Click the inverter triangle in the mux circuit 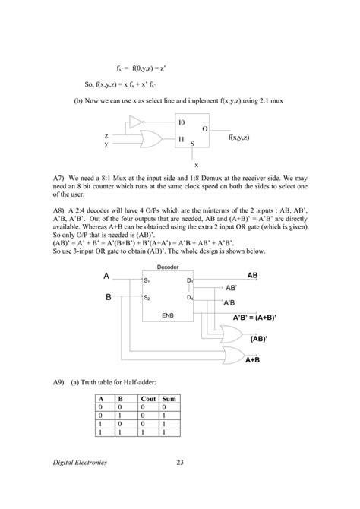[135, 122]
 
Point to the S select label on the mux [192, 144]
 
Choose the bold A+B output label [253, 370]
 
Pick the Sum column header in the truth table [169, 398]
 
